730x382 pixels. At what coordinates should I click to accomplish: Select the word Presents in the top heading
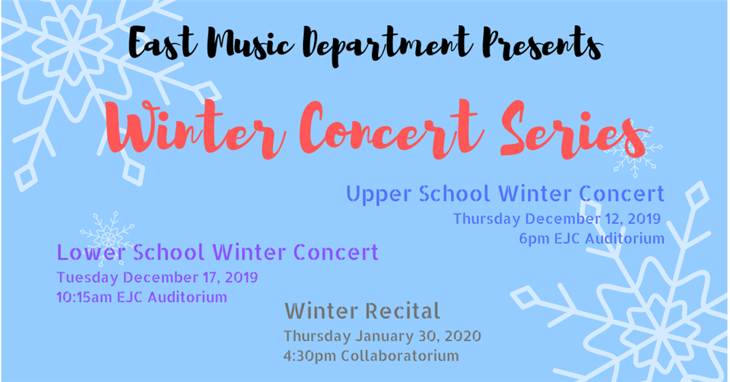coord(543,43)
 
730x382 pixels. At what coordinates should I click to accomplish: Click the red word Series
coord(573,130)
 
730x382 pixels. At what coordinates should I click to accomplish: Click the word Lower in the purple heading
coord(91,253)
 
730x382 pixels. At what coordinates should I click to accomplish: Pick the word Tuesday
coord(87,278)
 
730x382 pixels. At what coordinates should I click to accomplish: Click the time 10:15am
coord(84,298)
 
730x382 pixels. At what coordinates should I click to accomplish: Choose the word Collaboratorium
coord(400,356)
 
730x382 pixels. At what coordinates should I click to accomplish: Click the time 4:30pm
coord(309,356)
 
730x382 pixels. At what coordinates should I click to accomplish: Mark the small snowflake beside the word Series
coord(633,148)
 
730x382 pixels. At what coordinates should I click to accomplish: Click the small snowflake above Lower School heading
coord(107,237)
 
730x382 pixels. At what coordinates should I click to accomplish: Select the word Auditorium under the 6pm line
coord(624,238)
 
